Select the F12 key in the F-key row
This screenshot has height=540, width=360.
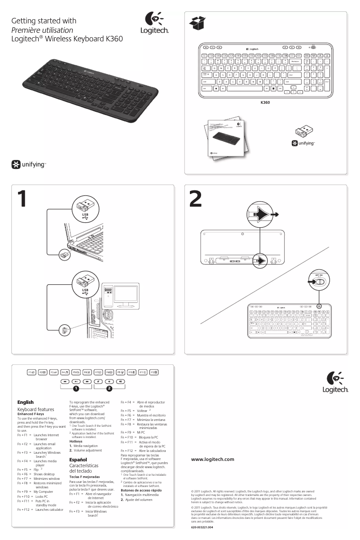[x=154, y=372]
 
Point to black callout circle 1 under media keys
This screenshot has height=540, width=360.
[x=76, y=388]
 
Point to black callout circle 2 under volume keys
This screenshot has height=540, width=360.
[x=109, y=388]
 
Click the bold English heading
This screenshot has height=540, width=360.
[x=26, y=402]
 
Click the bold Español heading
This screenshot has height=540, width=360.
[x=78, y=460]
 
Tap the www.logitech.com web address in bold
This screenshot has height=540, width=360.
[x=213, y=460]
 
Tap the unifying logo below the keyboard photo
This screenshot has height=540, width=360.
[x=28, y=164]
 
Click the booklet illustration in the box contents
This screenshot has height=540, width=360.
[x=223, y=137]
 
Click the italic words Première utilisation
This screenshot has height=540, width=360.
[x=42, y=30]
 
